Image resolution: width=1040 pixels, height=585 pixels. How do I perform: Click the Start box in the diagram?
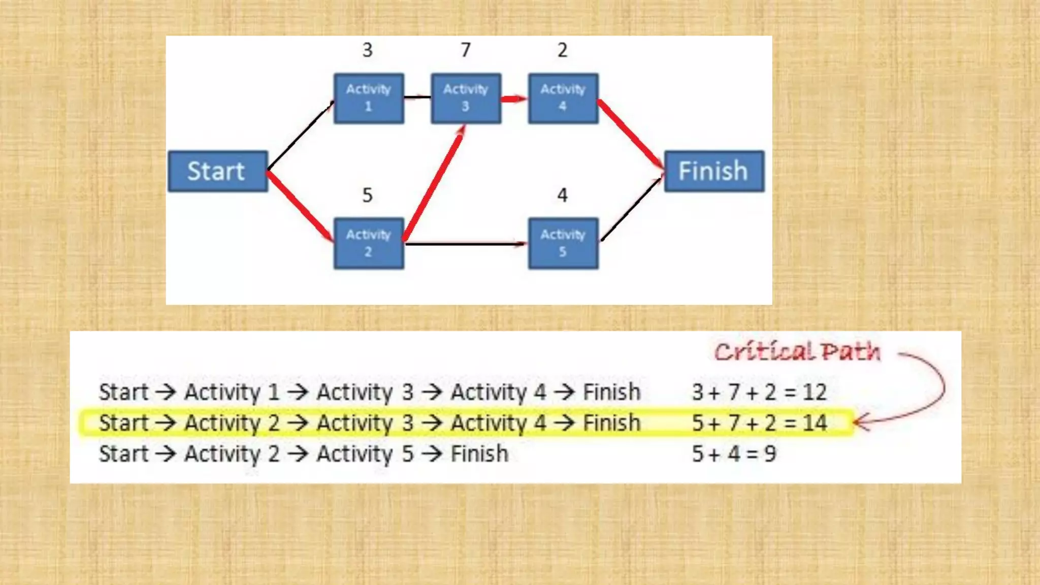217,171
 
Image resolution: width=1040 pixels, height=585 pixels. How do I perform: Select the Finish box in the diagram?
713,171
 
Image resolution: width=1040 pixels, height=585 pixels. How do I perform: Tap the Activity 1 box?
369,98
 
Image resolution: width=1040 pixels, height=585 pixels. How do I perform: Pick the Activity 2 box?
369,243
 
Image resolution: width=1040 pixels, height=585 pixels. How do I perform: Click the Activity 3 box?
466,98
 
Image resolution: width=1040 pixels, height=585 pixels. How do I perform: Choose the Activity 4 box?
563,98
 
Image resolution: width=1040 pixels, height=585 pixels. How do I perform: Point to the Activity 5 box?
563,243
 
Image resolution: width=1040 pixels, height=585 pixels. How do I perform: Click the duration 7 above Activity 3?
466,50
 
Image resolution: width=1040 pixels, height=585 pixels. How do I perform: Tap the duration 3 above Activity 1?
367,50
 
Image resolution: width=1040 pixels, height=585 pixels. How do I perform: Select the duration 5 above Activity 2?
367,195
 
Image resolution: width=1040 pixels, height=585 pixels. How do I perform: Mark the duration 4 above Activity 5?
562,195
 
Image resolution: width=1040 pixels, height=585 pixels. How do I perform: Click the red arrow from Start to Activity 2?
300,206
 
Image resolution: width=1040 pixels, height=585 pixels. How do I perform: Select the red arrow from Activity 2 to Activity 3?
434,183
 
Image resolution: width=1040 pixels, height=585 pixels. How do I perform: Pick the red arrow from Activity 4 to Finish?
631,134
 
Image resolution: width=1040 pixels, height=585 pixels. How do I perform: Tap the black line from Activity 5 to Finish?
631,208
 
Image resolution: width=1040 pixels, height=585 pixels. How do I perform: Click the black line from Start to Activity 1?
300,136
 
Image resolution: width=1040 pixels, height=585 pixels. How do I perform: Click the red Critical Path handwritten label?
797,351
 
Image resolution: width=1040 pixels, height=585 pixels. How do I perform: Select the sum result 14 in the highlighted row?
815,423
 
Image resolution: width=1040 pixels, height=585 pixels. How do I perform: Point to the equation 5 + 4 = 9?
734,454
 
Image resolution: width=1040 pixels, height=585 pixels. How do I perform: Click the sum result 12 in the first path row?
815,392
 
